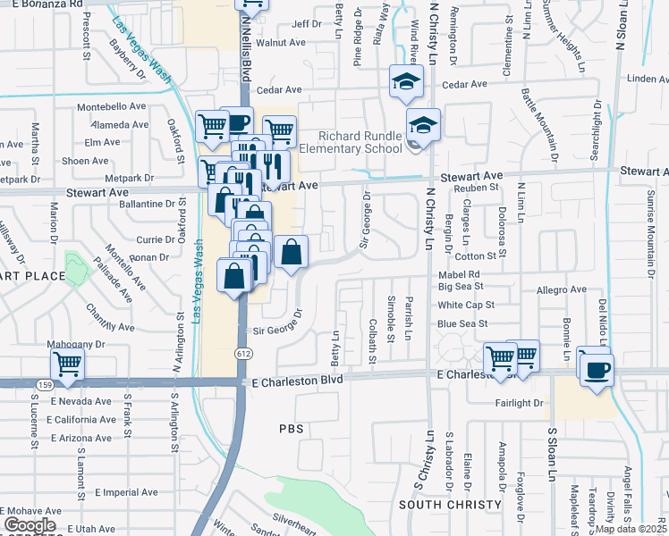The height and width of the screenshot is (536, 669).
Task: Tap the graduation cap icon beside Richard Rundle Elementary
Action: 423,125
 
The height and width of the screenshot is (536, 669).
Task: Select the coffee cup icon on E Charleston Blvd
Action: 597,368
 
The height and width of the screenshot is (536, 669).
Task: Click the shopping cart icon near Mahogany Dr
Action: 67,364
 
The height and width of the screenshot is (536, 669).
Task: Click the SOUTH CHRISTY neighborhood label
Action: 450,506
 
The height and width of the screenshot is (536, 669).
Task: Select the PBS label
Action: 291,430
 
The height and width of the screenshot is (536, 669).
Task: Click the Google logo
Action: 30,525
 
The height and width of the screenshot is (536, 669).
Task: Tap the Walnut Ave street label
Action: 281,42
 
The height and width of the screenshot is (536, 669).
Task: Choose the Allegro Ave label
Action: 561,290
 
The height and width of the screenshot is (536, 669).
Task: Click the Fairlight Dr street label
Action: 520,404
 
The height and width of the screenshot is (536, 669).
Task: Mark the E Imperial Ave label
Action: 123,492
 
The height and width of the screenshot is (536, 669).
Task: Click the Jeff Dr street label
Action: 306,23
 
